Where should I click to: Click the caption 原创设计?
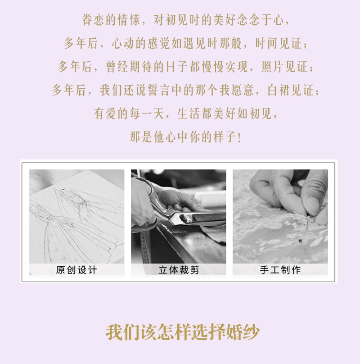point(76,270)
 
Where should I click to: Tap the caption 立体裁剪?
point(179,270)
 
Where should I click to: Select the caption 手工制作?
point(280,270)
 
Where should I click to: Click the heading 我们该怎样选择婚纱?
point(183,332)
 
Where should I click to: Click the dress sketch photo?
point(76,222)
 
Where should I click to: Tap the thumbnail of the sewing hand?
point(280,222)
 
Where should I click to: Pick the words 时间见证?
point(279,43)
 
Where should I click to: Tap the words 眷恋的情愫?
point(111,20)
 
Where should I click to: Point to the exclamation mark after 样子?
point(239,137)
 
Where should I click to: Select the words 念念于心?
point(260,20)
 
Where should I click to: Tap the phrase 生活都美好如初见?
point(224,114)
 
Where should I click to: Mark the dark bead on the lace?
point(300,241)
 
